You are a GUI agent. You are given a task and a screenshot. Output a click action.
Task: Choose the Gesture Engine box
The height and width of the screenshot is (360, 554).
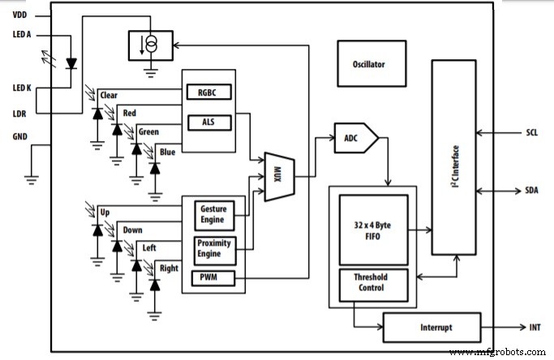click(x=214, y=216)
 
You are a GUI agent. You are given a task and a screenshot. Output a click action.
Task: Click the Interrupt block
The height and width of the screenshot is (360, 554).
click(x=431, y=327)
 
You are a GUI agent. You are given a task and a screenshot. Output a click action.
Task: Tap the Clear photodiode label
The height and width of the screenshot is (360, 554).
click(x=109, y=96)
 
